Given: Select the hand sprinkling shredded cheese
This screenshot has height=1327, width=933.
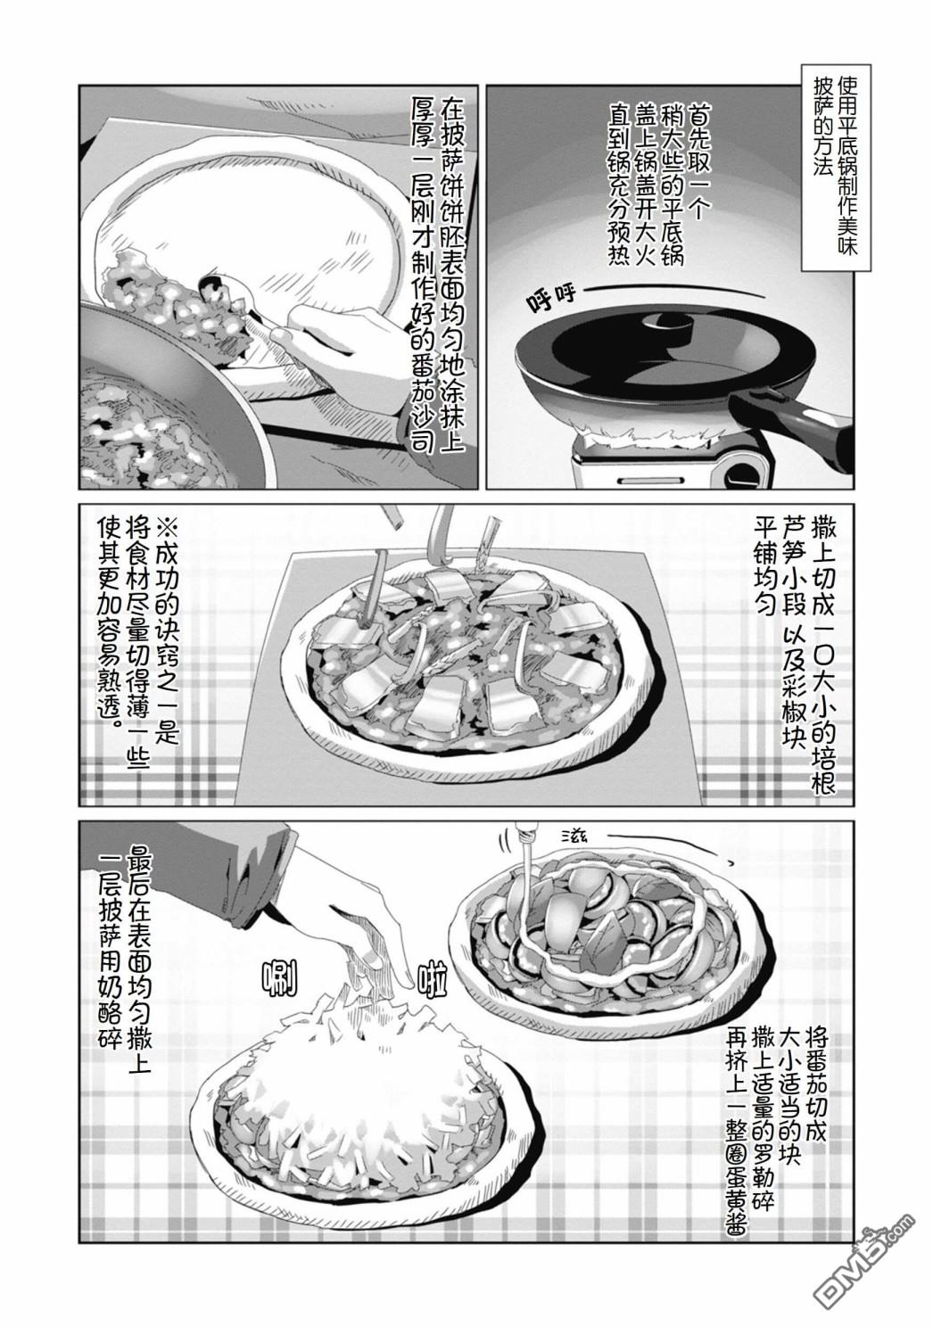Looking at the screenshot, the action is pos(355,924).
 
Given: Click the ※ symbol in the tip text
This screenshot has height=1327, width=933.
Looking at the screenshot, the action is pos(164,532).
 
